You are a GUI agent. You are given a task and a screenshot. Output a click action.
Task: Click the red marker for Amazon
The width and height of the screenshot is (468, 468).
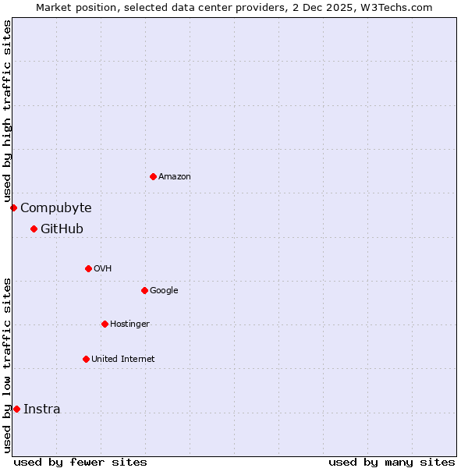coord(153,176)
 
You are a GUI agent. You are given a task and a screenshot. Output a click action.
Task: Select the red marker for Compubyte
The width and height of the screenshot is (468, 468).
coord(13,207)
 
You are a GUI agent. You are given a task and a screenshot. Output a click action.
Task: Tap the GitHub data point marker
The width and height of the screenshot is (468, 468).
coord(34,229)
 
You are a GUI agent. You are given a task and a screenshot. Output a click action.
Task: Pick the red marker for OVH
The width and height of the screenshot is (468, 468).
coord(88,268)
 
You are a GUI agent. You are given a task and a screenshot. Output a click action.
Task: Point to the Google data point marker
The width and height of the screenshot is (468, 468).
coord(144,290)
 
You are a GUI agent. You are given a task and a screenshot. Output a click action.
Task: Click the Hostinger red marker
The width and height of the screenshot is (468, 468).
coord(105,324)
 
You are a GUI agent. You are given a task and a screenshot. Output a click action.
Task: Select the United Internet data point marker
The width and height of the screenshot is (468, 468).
coord(86,359)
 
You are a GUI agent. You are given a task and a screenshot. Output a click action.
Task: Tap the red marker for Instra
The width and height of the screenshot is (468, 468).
coord(16,409)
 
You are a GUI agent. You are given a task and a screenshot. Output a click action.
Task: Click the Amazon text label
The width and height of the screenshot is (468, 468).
coord(175,177)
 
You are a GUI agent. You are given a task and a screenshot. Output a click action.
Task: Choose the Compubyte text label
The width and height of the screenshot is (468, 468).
coord(56,207)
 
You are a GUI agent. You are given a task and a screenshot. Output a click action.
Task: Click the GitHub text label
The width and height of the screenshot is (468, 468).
coord(62,229)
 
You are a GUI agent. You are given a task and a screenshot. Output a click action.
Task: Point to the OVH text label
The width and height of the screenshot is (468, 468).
coord(103,269)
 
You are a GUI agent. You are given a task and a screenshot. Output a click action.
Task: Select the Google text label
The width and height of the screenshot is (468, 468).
coord(164,291)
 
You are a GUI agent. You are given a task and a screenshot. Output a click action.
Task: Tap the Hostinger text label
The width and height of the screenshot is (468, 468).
coord(129,324)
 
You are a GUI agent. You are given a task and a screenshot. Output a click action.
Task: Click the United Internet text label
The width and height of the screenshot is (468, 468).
coord(122,360)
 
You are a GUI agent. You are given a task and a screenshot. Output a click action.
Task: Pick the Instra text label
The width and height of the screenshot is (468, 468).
coord(41,409)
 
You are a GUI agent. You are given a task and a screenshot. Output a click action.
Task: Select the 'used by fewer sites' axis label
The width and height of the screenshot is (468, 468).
coord(80,462)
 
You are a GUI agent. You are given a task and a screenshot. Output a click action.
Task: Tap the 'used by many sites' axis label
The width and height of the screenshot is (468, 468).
coord(392,462)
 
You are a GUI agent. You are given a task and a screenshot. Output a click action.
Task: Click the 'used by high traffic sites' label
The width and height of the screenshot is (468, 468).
coord(7,111)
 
